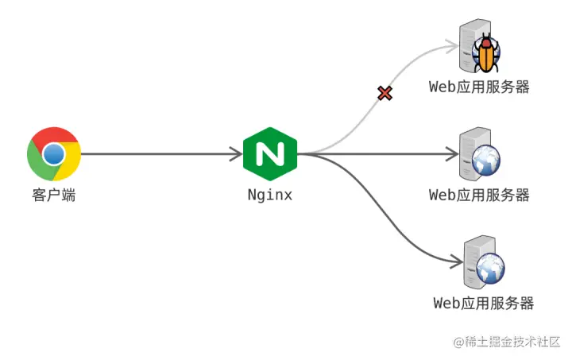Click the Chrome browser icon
53,153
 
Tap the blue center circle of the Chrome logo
53,153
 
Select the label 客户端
53,195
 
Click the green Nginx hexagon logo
270,153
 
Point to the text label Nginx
269,195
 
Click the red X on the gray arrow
385,93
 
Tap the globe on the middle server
485,161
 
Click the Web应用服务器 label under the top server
479,87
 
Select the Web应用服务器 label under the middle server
479,195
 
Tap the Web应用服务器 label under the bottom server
483,303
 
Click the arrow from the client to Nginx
159,153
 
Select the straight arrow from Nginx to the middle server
381,153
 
